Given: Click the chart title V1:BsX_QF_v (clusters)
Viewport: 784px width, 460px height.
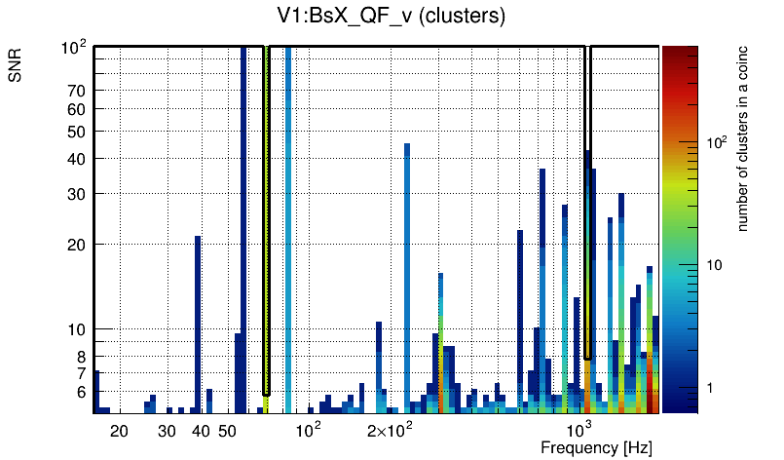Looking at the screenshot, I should [391, 16].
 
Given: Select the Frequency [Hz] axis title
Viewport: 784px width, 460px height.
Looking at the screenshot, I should [596, 447].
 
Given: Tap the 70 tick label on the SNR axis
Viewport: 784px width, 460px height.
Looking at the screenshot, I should [78, 91].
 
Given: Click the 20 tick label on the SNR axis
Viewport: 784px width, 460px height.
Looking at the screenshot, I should [78, 245].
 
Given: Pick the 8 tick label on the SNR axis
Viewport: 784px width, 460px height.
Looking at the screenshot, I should [82, 357].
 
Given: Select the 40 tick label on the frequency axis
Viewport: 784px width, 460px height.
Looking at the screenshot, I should [201, 431].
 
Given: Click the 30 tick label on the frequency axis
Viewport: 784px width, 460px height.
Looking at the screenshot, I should [167, 431].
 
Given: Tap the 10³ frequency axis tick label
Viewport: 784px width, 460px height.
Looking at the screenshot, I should [579, 430].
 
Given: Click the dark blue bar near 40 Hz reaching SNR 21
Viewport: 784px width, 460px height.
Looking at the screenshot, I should [198, 322].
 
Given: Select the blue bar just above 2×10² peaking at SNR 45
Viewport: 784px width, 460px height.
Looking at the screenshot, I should [407, 273].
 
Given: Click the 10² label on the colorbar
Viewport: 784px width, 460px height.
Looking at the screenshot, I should [717, 142].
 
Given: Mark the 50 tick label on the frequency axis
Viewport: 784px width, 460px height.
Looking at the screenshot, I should [227, 431].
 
